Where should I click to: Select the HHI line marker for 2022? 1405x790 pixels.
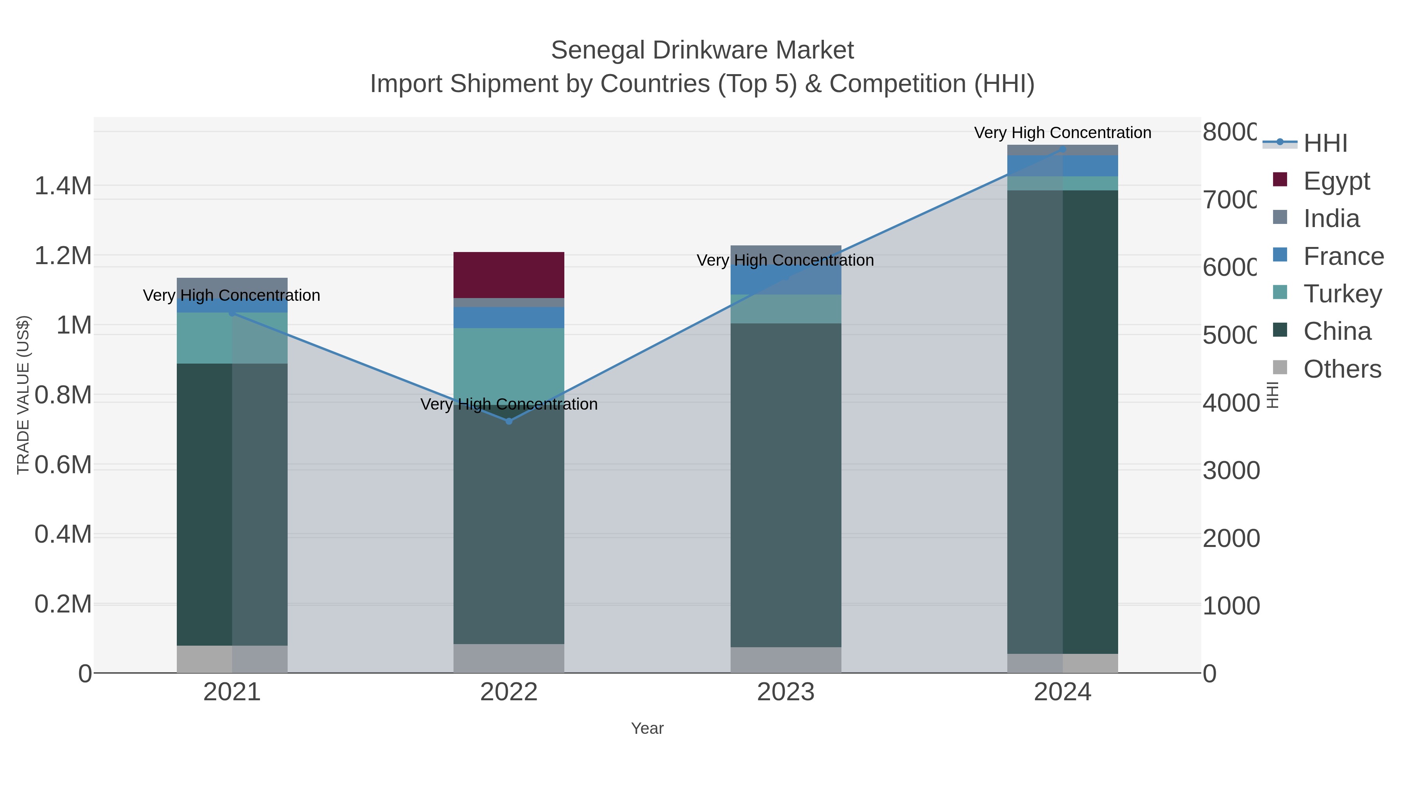coord(509,421)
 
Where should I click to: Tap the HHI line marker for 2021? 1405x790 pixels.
coord(232,313)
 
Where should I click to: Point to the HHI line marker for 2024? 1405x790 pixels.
coord(1062,149)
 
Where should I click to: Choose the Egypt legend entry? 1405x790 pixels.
coord(1336,181)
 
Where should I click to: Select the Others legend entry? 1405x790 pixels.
coord(1342,369)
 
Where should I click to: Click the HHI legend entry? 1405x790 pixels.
coord(1325,144)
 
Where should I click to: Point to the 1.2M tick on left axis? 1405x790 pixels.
coord(63,256)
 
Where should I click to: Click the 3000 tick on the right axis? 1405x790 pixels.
coord(1231,470)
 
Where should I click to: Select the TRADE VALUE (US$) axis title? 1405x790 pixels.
coord(23,395)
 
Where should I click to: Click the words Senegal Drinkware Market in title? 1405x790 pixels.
coord(702,50)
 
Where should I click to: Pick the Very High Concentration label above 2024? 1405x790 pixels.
coord(1062,133)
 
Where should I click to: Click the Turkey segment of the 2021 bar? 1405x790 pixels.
coord(232,338)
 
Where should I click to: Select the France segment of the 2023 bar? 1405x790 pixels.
coord(785,280)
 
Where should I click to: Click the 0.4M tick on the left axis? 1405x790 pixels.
coord(63,534)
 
